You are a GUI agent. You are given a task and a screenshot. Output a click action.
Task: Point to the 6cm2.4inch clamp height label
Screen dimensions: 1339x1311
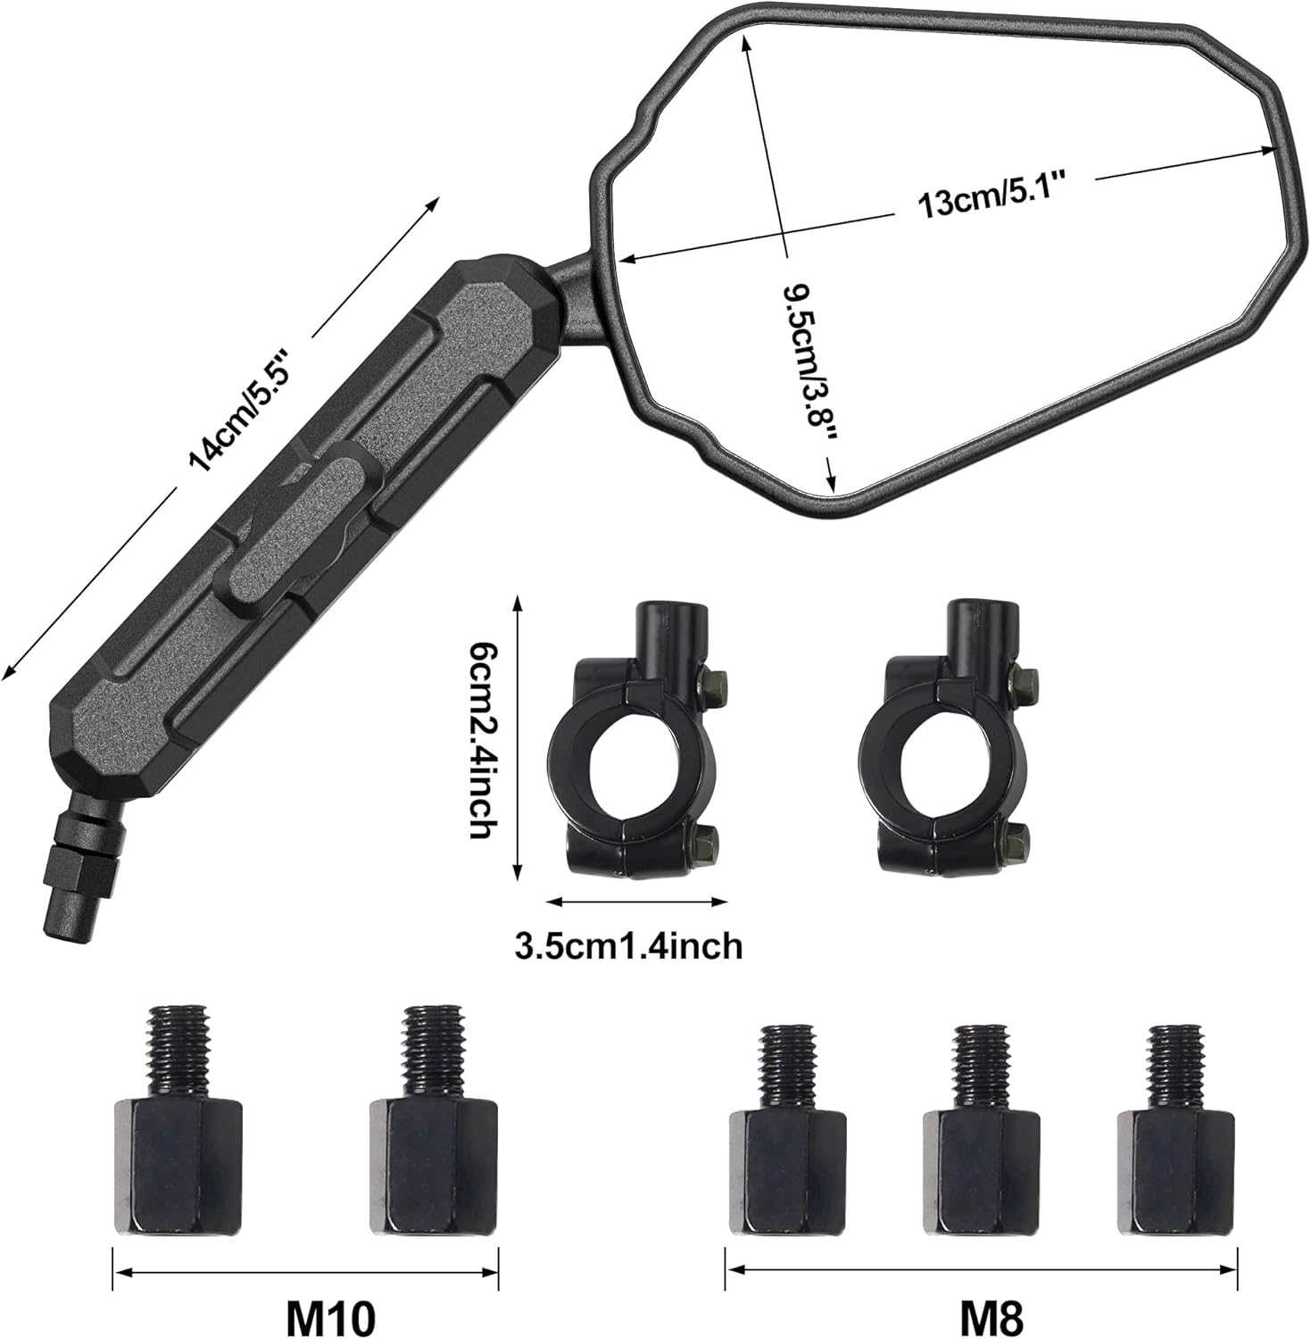coord(482,741)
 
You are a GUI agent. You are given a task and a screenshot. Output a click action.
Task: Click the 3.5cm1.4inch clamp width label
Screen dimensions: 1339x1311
coord(628,945)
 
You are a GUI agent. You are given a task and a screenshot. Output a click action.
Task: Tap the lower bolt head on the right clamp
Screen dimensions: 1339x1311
coord(1016,840)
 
